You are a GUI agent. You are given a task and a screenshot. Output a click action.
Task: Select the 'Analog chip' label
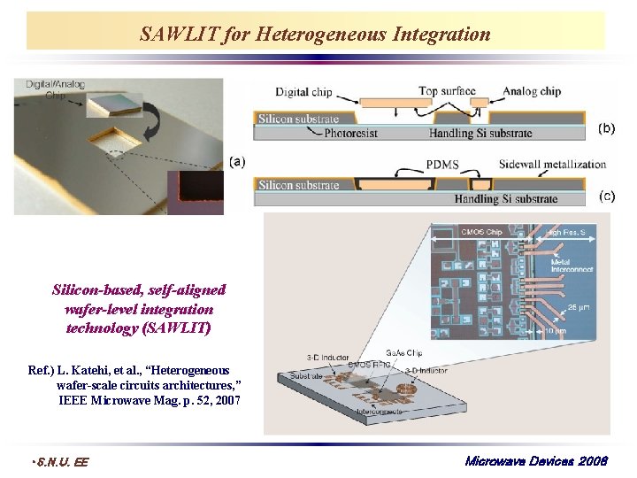click(x=532, y=91)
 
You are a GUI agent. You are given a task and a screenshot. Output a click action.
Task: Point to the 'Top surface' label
click(x=447, y=91)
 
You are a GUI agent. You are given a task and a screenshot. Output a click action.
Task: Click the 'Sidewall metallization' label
click(x=553, y=165)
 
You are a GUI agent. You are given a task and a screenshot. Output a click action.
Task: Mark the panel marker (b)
click(x=607, y=127)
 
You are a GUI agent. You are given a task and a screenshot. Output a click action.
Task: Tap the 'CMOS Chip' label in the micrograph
click(x=481, y=233)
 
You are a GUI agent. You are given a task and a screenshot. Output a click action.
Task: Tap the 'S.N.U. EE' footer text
click(x=59, y=461)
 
